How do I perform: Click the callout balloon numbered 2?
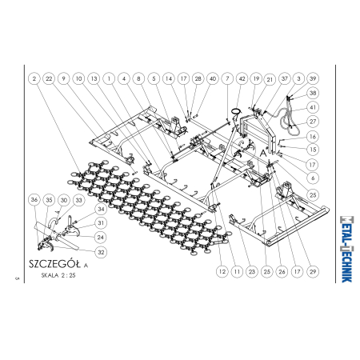(34, 78)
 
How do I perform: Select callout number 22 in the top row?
(49, 78)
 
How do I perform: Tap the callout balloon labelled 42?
(242, 78)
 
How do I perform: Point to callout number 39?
(313, 78)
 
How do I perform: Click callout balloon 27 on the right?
(313, 122)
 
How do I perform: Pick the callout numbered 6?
(313, 178)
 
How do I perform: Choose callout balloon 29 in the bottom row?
(313, 272)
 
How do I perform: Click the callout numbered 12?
(222, 272)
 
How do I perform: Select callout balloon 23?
(252, 272)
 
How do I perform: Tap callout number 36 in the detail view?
(34, 200)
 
